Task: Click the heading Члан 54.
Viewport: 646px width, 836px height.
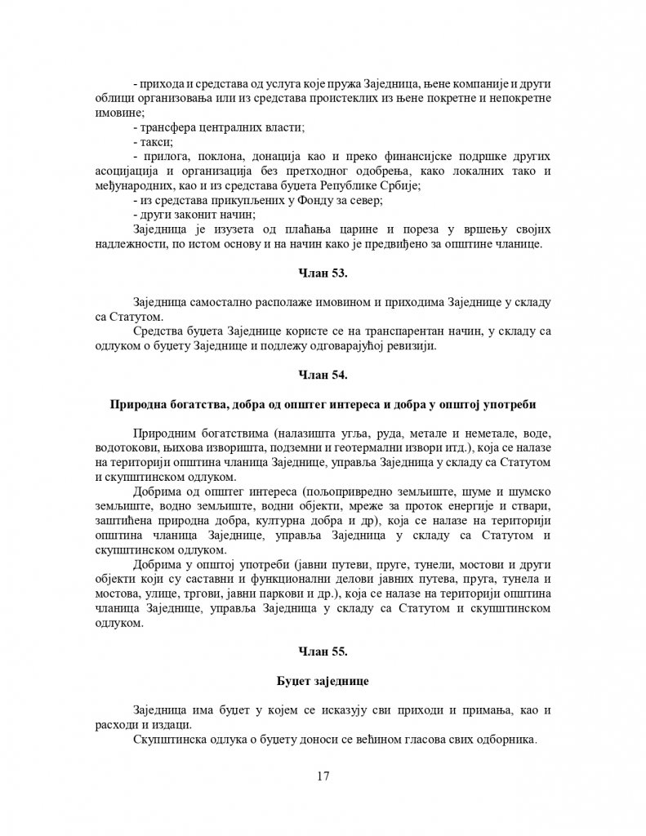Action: coord(323,375)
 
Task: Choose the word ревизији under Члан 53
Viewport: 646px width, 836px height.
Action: coord(412,346)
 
